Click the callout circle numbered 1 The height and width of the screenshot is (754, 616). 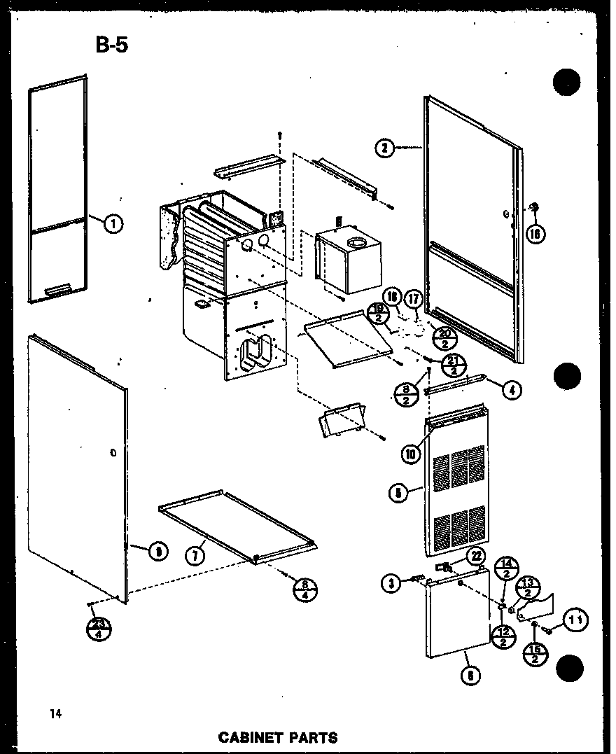[x=113, y=224]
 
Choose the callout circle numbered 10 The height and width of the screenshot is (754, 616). [x=410, y=453]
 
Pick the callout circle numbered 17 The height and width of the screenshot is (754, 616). [x=414, y=300]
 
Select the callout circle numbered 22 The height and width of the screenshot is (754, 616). [x=477, y=556]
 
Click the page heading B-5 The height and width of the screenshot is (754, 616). [x=111, y=46]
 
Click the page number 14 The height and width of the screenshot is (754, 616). [x=56, y=714]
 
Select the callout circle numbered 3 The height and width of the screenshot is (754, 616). [x=391, y=582]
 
